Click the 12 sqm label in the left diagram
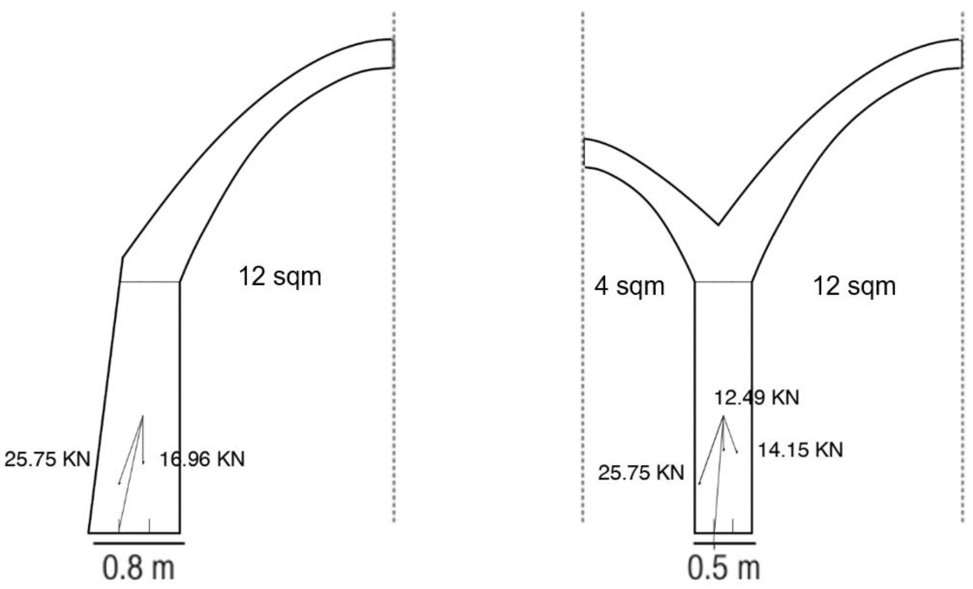point(280,276)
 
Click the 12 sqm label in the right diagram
point(854,286)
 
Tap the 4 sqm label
point(630,286)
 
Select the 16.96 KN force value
point(202,459)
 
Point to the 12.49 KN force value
point(756,398)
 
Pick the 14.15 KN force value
point(800,450)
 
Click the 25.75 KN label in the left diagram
point(47,459)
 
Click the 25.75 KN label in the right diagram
point(641,472)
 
